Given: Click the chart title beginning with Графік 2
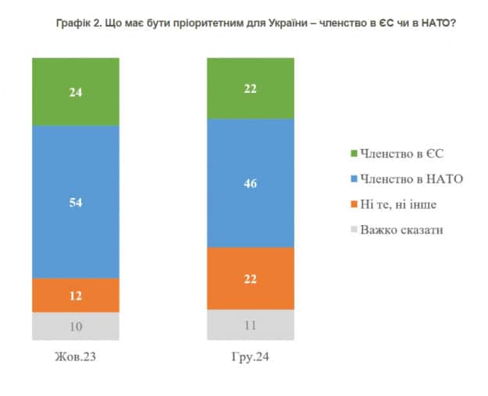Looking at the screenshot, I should pyautogui.click(x=256, y=24).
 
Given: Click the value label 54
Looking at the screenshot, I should pyautogui.click(x=76, y=202).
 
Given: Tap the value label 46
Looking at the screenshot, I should pyautogui.click(x=250, y=184).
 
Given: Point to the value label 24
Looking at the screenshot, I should pyautogui.click(x=76, y=90).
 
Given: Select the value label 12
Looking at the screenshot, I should pyautogui.click(x=76, y=295).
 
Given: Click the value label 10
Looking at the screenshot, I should pyautogui.click(x=76, y=326).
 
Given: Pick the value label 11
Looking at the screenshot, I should pyautogui.click(x=250, y=324).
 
